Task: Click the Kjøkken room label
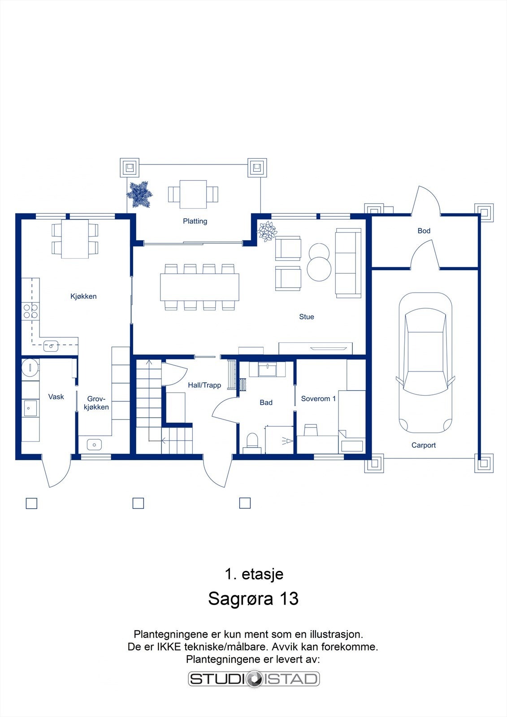pyautogui.click(x=83, y=296)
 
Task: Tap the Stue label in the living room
pyautogui.click(x=307, y=317)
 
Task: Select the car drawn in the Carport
pyautogui.click(x=425, y=363)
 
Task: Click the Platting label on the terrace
pyautogui.click(x=195, y=221)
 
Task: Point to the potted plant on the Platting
pyautogui.click(x=139, y=195)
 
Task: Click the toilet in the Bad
pyautogui.click(x=252, y=441)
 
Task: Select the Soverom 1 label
pyautogui.click(x=318, y=398)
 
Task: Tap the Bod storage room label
pyautogui.click(x=424, y=231)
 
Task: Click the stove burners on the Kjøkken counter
pyautogui.click(x=30, y=311)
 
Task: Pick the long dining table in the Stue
pyautogui.click(x=199, y=287)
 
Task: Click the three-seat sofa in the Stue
pyautogui.click(x=348, y=263)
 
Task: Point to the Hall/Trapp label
pyautogui.click(x=204, y=385)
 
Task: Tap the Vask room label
pyautogui.click(x=56, y=397)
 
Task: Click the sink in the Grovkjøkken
pyautogui.click(x=94, y=445)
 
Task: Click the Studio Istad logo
pyautogui.click(x=254, y=678)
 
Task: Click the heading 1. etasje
pyautogui.click(x=254, y=574)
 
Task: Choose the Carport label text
pyautogui.click(x=424, y=445)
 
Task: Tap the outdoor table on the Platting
pyautogui.click(x=193, y=194)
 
